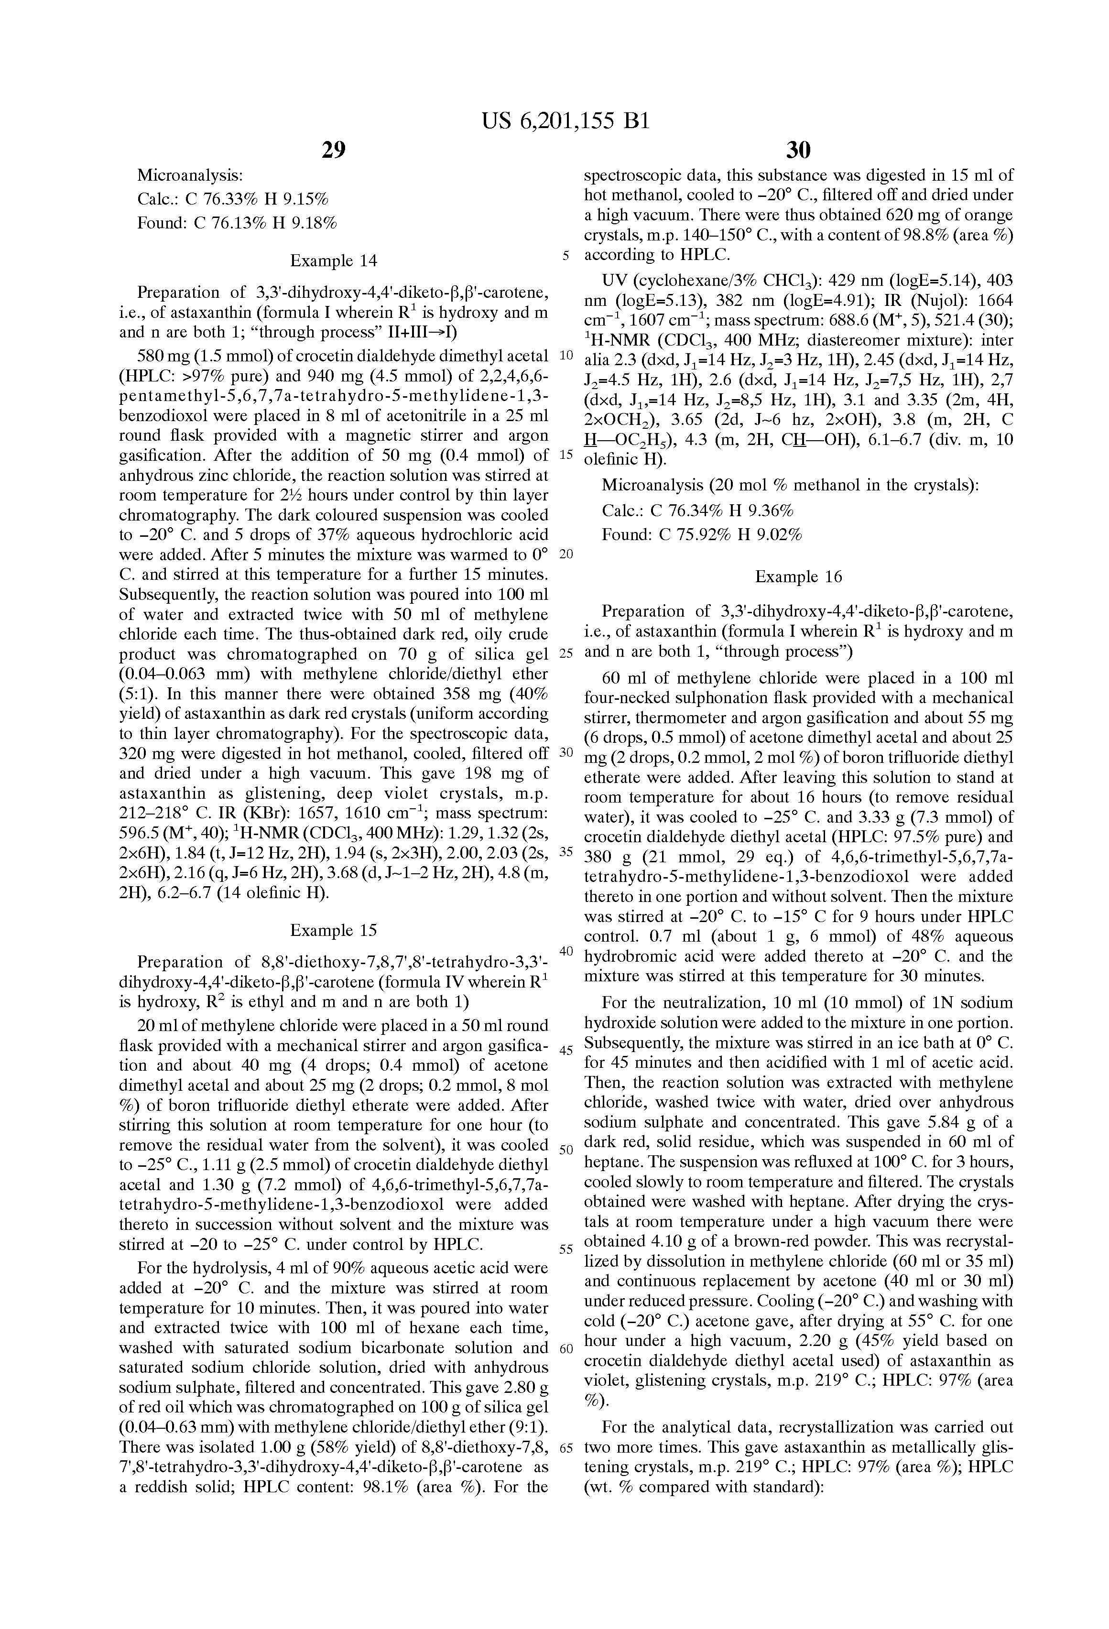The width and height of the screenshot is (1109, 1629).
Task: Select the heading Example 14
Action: pyautogui.click(x=334, y=261)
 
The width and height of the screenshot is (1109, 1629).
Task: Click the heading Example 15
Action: pyautogui.click(x=334, y=930)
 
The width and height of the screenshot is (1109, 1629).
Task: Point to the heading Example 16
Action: pyautogui.click(x=798, y=577)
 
